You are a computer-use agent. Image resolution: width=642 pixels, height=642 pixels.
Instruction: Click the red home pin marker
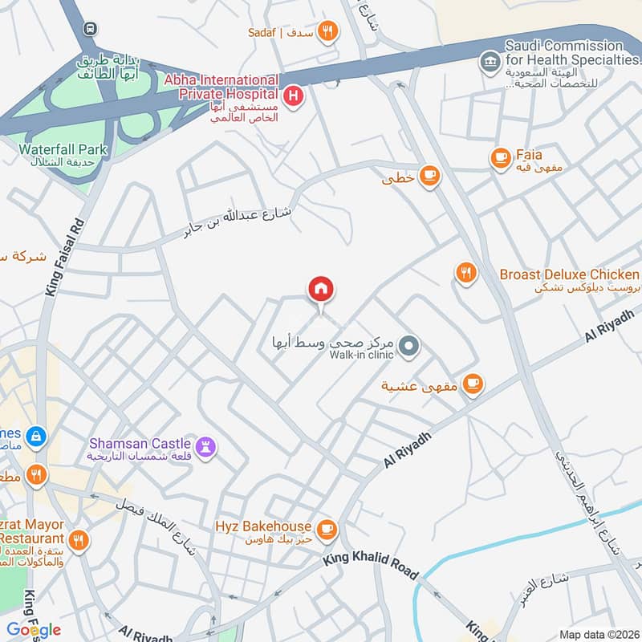pyautogui.click(x=321, y=290)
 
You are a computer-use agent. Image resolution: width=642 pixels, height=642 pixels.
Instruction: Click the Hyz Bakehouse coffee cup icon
pyautogui.click(x=326, y=527)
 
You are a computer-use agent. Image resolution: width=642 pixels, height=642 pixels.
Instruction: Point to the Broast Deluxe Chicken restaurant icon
pyautogui.click(x=465, y=274)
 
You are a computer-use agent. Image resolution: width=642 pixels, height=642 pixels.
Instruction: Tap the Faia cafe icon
pyautogui.click(x=502, y=157)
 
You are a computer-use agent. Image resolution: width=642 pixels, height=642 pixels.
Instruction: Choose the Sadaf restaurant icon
pyautogui.click(x=327, y=31)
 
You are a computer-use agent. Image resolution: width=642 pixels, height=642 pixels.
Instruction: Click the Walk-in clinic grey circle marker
pyautogui.click(x=409, y=347)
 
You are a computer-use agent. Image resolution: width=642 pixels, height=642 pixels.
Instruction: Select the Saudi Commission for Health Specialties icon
pyautogui.click(x=488, y=61)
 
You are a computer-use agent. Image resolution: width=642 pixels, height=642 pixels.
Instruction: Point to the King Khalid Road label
pyautogui.click(x=371, y=563)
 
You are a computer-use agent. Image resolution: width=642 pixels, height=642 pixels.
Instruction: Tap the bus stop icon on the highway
pyautogui.click(x=90, y=28)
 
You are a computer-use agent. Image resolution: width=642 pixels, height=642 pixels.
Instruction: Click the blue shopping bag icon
pyautogui.click(x=35, y=437)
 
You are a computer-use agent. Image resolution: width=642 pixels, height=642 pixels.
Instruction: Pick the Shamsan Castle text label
pyautogui.click(x=140, y=443)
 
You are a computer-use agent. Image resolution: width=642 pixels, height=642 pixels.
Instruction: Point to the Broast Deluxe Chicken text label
pyautogui.click(x=569, y=274)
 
